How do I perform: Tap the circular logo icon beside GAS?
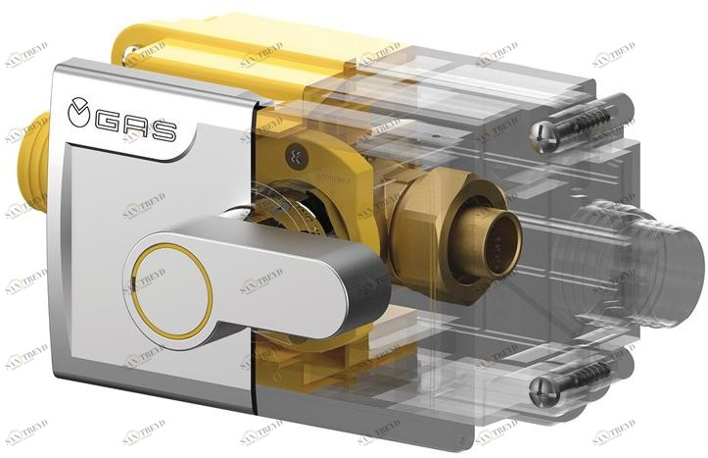pyautogui.click(x=79, y=113)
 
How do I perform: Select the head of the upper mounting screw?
pyautogui.click(x=544, y=131)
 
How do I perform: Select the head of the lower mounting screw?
pyautogui.click(x=545, y=392)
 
